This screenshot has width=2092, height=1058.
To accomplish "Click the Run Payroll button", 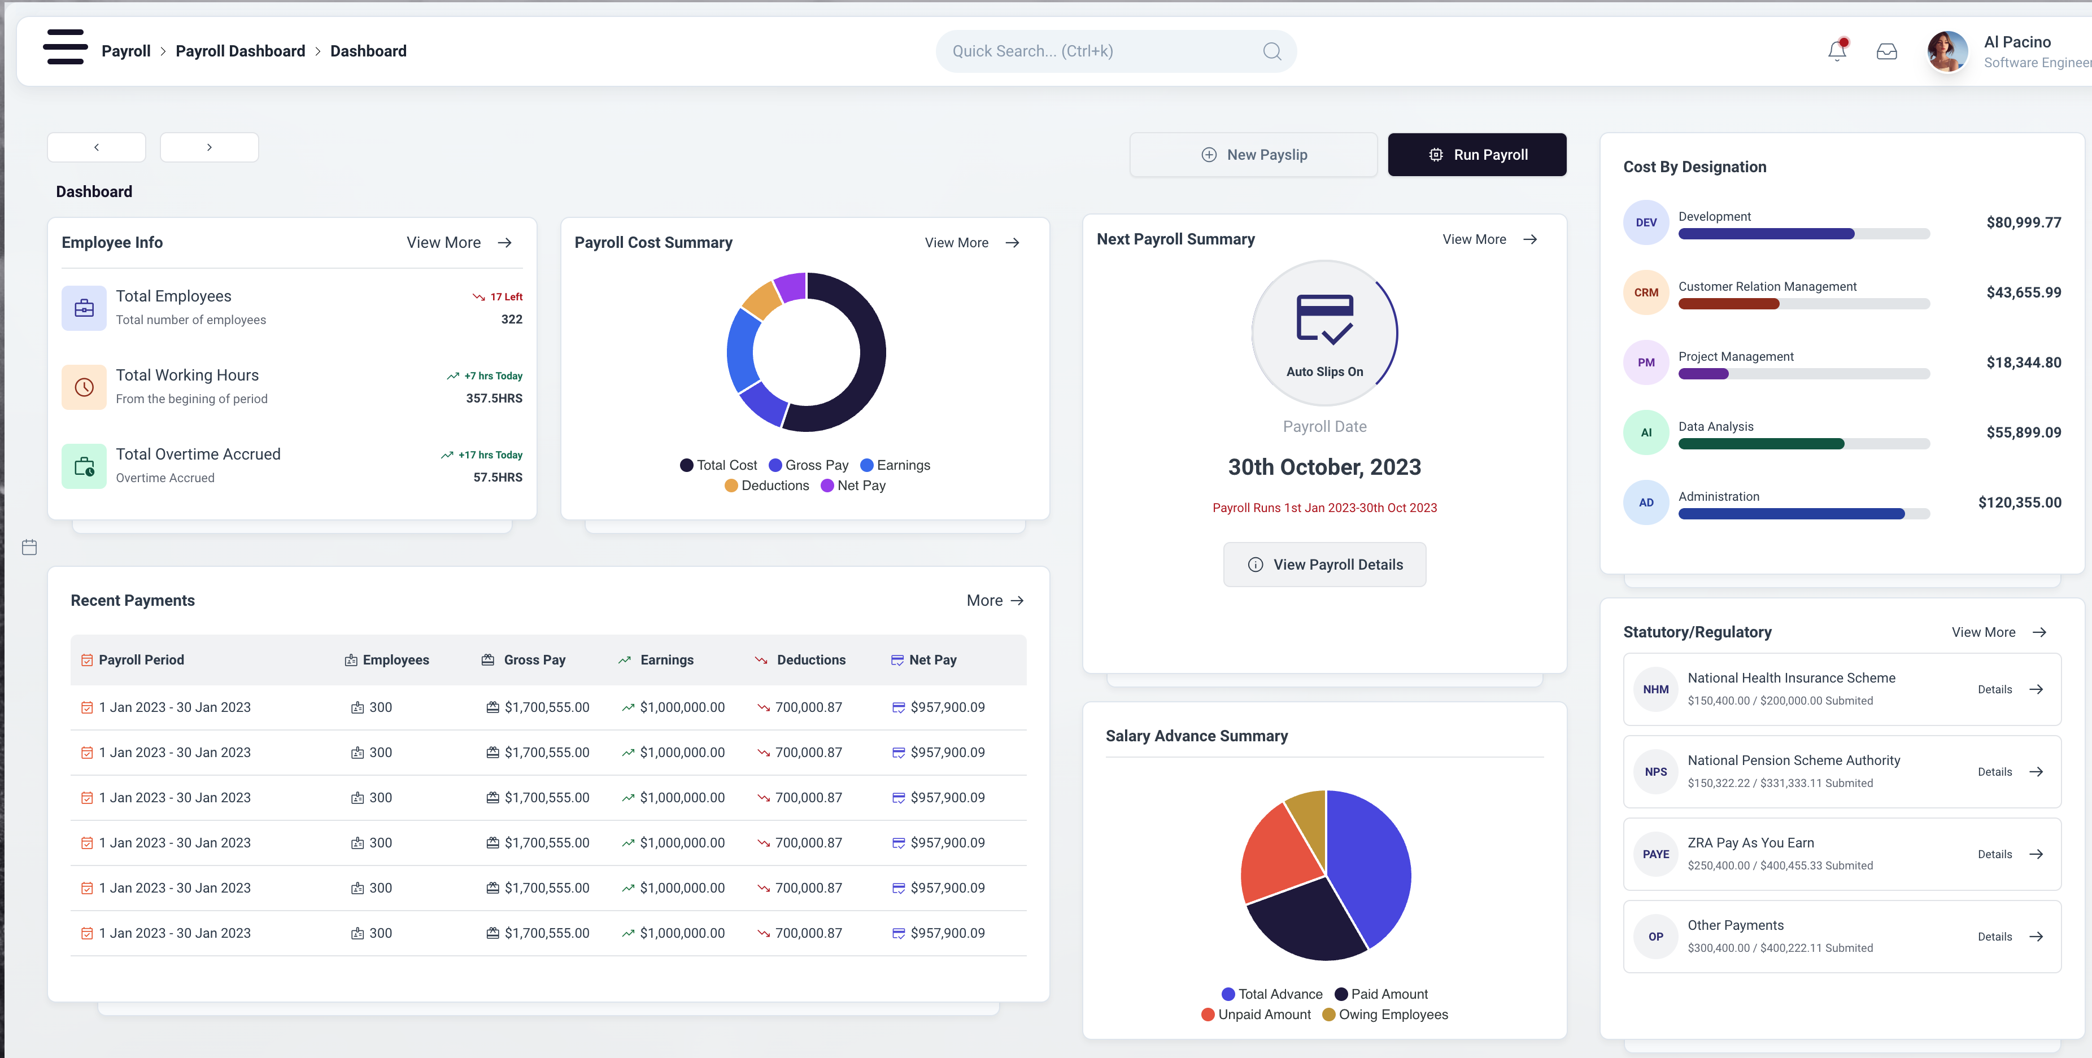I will pos(1476,154).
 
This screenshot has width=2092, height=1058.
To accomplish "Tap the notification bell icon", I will pos(1837,51).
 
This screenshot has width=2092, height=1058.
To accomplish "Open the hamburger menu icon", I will pos(65,47).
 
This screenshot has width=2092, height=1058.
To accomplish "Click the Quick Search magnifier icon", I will pos(1272,51).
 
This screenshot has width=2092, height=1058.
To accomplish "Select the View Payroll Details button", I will pos(1324,565).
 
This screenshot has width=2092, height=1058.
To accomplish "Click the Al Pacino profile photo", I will pos(1947,52).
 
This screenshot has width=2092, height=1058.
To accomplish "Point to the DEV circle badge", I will pos(1645,222).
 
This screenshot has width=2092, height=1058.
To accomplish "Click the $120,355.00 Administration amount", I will pos(2019,502).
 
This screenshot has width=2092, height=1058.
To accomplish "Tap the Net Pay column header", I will pos(932,660).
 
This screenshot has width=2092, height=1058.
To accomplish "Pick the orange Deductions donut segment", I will pos(762,300).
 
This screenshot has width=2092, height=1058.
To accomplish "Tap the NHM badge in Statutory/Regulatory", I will pos(1655,689).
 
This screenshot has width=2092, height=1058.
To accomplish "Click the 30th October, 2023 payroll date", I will pos(1324,467).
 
